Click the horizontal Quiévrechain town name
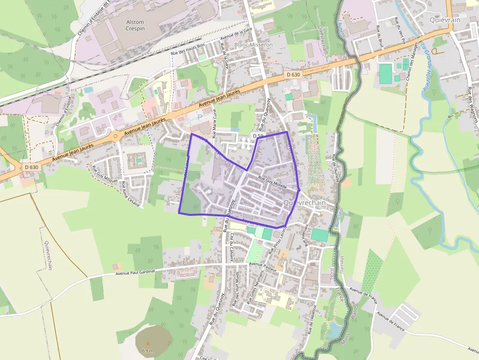coord(305,203)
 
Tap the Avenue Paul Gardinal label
coord(135,272)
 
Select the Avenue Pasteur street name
coord(263,267)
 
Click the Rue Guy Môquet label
coord(105,174)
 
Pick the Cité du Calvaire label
coord(232,248)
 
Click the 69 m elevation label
coord(148,351)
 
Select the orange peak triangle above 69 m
coord(148,343)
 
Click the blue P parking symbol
coord(199,117)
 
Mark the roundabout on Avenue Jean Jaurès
coord(115,136)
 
